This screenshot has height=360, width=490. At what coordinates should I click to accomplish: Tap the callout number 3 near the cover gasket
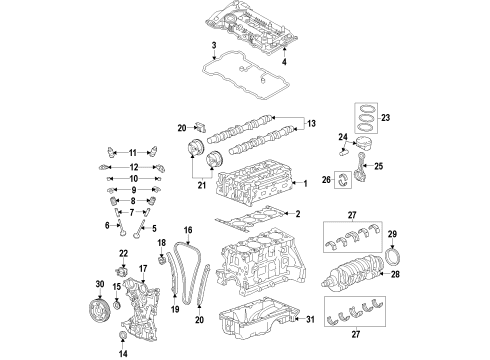click(x=214, y=47)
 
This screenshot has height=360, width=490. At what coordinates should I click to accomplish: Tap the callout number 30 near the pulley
click(x=86, y=283)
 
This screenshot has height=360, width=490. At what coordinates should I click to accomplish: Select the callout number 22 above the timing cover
click(x=123, y=254)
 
